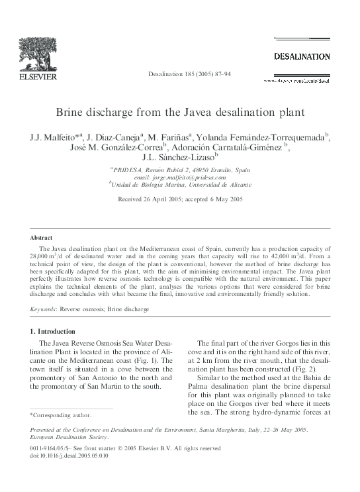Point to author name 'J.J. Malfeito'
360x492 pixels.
tap(54, 136)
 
